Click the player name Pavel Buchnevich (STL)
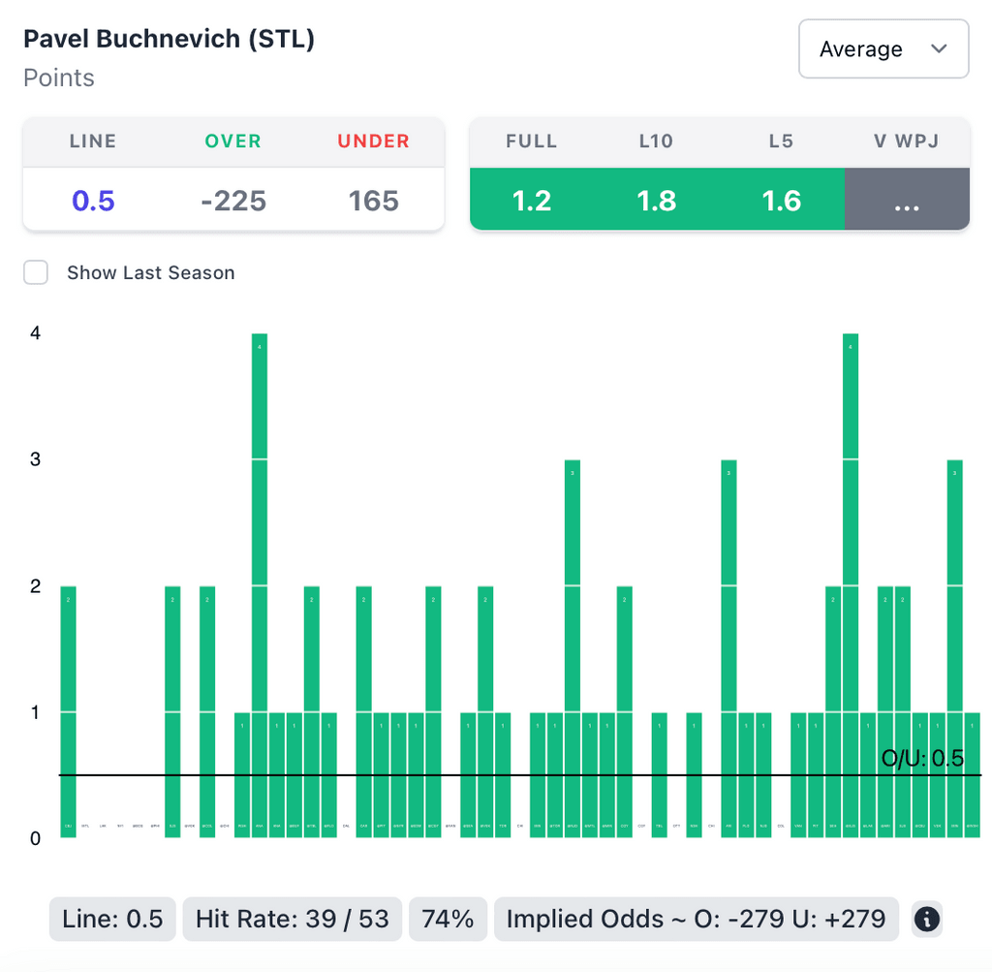tap(169, 40)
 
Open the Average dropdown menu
tap(883, 48)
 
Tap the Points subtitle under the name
tap(59, 78)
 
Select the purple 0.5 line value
tap(93, 201)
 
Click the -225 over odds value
tap(233, 201)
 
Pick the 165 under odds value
tap(374, 201)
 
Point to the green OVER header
tap(233, 141)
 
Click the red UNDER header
tap(374, 141)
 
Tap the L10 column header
tap(656, 141)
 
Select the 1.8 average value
tap(656, 201)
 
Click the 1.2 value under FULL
tap(532, 201)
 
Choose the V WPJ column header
tap(906, 141)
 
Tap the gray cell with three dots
tap(906, 201)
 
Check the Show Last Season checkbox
tap(37, 272)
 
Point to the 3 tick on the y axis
tap(36, 459)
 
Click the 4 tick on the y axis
tap(36, 332)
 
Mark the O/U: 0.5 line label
tap(922, 759)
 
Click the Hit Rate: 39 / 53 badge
tap(292, 919)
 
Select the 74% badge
tap(448, 919)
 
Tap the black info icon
tap(927, 919)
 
